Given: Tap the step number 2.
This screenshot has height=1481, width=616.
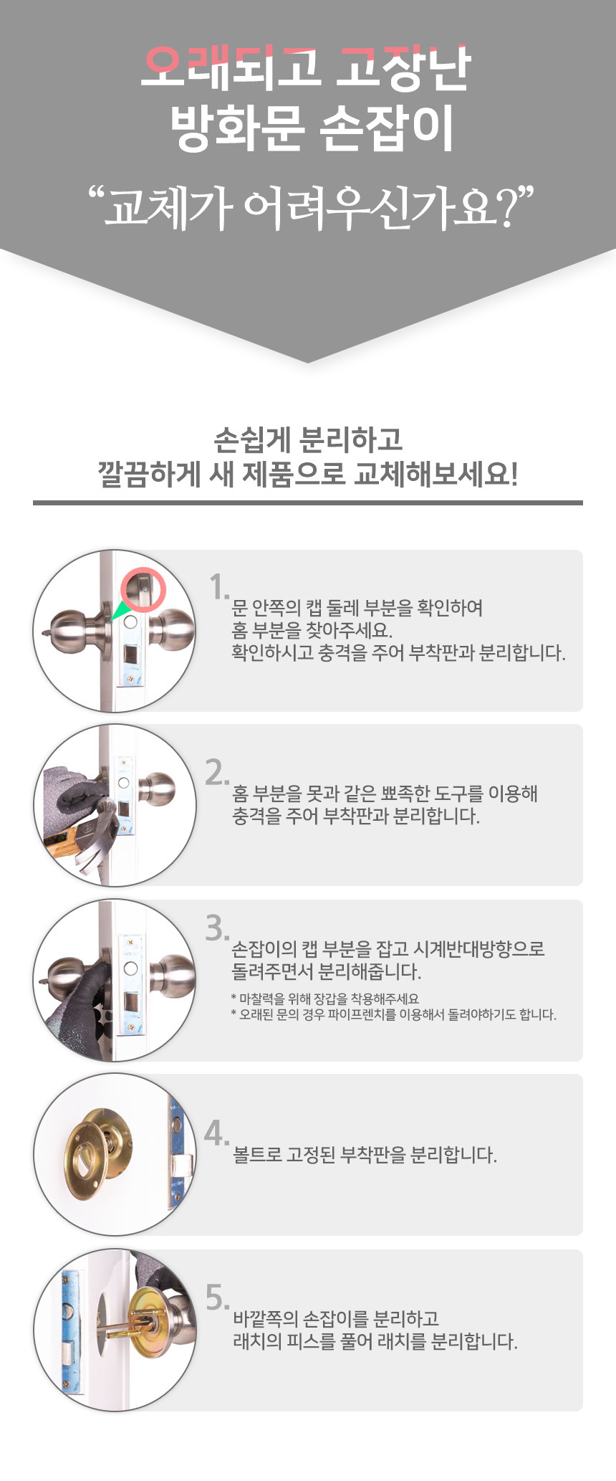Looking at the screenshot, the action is click(x=217, y=772).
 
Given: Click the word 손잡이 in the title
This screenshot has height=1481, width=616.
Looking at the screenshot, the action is click(x=388, y=129).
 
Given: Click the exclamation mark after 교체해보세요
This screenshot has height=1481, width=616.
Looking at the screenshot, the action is click(x=514, y=474).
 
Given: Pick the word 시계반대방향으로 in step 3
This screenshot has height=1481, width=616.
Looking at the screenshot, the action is click(x=479, y=949).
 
